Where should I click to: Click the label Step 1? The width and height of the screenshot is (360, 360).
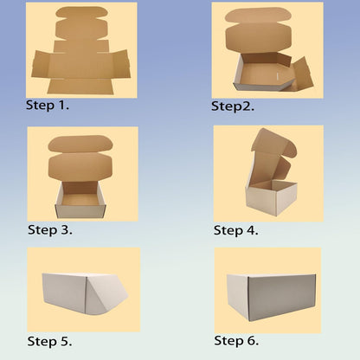pyautogui.click(x=48, y=106)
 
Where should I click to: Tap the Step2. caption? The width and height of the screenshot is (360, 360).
pyautogui.click(x=233, y=106)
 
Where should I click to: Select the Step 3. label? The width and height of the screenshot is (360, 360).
pyautogui.click(x=50, y=230)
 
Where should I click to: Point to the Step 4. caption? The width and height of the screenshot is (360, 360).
pyautogui.click(x=235, y=230)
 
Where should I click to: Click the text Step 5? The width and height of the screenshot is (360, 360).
pyautogui.click(x=49, y=342)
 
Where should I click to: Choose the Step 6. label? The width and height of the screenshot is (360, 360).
pyautogui.click(x=236, y=341)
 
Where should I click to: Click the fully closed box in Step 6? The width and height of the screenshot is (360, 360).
pyautogui.click(x=271, y=298)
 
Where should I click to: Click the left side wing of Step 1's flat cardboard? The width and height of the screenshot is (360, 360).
pyautogui.click(x=41, y=64)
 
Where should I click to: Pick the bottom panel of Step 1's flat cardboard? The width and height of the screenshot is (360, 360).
pyautogui.click(x=80, y=87)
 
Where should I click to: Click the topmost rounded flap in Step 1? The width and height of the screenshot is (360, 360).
pyautogui.click(x=81, y=13)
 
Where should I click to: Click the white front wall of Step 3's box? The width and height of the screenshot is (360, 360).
pyautogui.click(x=80, y=212)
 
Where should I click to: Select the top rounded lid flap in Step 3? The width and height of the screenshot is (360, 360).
pyautogui.click(x=78, y=144)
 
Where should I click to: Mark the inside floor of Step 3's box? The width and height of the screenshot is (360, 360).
pyautogui.click(x=80, y=199)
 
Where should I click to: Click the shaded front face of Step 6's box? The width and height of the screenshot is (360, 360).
pyautogui.click(x=282, y=298)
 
